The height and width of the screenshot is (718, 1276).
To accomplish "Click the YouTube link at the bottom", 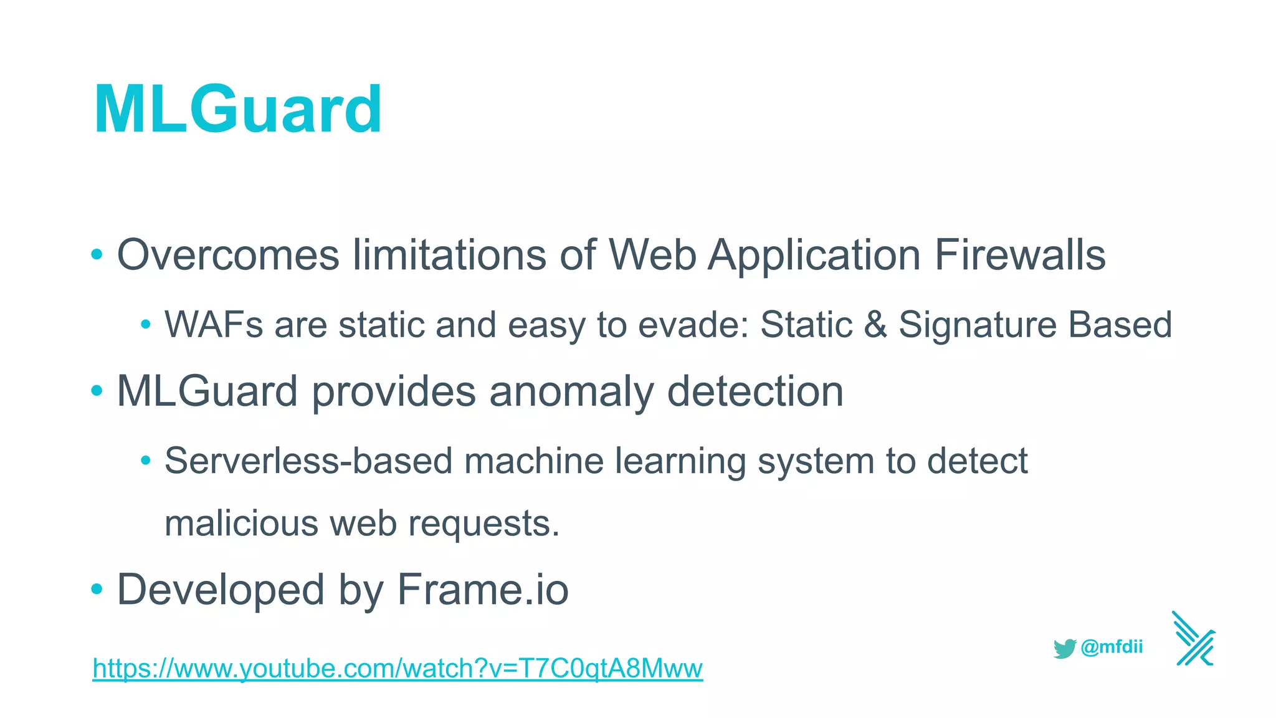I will point(398,668).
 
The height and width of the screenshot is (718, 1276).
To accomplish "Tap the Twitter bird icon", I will point(1065,648).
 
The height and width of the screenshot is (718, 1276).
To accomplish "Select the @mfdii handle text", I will point(1112,647).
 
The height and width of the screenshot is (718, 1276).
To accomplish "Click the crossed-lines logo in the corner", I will point(1194,639).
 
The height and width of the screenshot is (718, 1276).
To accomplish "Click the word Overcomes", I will point(228,255).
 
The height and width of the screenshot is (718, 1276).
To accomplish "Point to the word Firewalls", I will point(1020,255).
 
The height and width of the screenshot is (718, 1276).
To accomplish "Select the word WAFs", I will point(214,325).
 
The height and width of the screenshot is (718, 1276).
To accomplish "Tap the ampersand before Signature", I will point(875,325).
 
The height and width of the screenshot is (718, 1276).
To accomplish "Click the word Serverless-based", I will point(308,461).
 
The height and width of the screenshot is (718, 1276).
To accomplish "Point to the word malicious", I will point(241,523).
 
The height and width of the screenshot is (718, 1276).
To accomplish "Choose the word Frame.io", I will point(483,590).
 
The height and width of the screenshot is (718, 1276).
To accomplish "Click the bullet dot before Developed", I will point(97,589).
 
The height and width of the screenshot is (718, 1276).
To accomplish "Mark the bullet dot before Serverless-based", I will point(146,461).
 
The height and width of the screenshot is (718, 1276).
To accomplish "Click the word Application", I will point(814,255).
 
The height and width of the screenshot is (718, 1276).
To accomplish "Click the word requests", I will point(484,523).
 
